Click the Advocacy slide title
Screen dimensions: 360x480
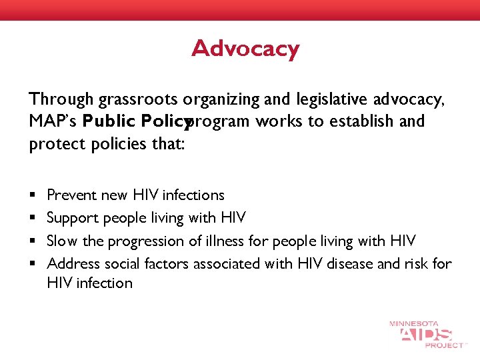[245, 49]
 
